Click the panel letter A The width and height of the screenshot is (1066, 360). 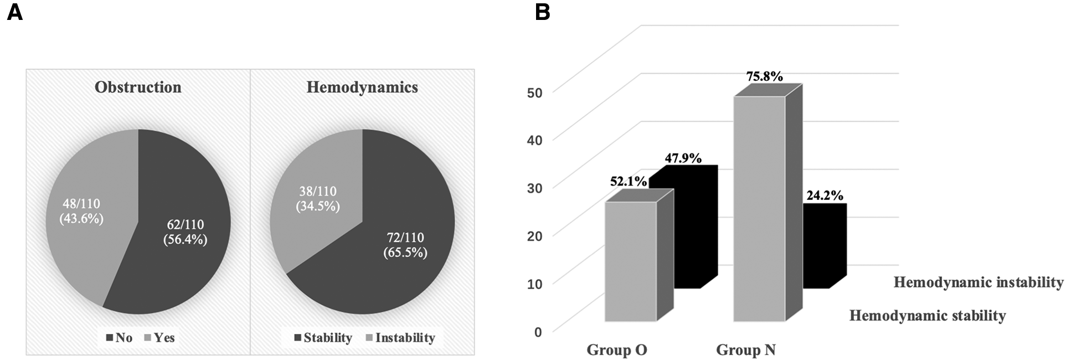(15, 12)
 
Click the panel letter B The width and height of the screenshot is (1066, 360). (543, 12)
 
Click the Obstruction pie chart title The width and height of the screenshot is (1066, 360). (138, 88)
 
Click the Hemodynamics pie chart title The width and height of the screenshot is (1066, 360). (362, 88)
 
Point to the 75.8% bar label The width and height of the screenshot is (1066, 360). (764, 76)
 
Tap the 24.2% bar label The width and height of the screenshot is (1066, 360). (825, 195)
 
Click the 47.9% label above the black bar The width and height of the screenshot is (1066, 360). (683, 158)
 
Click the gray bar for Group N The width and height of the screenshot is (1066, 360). (759, 210)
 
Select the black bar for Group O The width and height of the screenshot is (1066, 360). (687, 233)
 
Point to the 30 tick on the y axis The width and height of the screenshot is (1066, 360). (534, 187)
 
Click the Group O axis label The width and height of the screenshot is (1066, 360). (616, 350)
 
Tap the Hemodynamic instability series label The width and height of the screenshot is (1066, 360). (978, 282)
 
